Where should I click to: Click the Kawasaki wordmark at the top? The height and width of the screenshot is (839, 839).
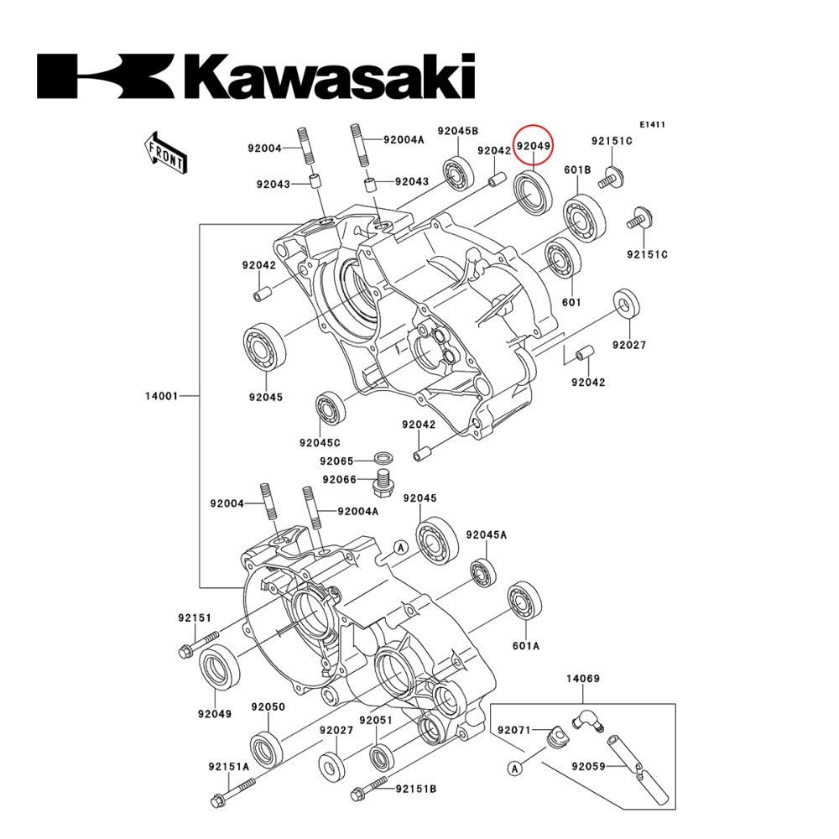pyautogui.click(x=256, y=77)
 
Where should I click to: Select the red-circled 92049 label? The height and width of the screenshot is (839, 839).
pyautogui.click(x=534, y=146)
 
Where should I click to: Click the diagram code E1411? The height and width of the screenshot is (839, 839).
pyautogui.click(x=652, y=124)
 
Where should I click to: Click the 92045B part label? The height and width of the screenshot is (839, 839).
pyautogui.click(x=458, y=132)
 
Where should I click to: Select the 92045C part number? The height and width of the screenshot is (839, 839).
pyautogui.click(x=320, y=442)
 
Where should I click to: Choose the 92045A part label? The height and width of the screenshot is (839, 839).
pyautogui.click(x=487, y=534)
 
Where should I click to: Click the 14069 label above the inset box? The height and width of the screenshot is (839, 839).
pyautogui.click(x=582, y=678)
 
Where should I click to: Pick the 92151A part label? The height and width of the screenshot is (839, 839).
pyautogui.click(x=229, y=766)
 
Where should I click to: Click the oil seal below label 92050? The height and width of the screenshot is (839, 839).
pyautogui.click(x=267, y=748)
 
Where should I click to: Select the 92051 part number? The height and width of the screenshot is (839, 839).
pyautogui.click(x=377, y=720)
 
